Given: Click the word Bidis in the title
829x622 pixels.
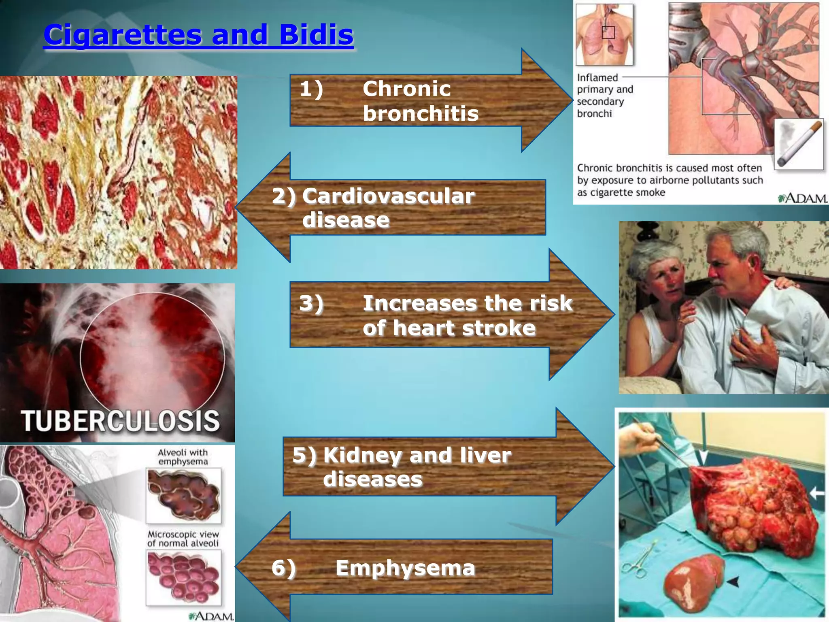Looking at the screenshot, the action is pyautogui.click(x=316, y=34).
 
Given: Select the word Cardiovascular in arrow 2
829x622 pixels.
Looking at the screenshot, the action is pyautogui.click(x=388, y=196).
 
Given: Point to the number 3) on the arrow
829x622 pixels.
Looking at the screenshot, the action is pyautogui.click(x=311, y=303).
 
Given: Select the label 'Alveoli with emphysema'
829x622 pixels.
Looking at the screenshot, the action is pyautogui.click(x=183, y=457).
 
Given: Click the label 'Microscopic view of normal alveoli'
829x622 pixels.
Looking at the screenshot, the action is pyautogui.click(x=183, y=539).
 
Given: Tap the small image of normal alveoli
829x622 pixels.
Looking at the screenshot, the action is pyautogui.click(x=183, y=577).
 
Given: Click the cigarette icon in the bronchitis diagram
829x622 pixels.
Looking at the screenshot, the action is pyautogui.click(x=799, y=144).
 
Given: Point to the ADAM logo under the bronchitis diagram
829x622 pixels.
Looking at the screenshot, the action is pyautogui.click(x=802, y=198).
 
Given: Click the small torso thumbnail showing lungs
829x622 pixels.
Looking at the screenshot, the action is pyautogui.click(x=604, y=34).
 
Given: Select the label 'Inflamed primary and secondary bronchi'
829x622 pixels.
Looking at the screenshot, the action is pyautogui.click(x=605, y=96).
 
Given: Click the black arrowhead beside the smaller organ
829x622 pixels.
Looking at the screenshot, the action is pyautogui.click(x=733, y=582).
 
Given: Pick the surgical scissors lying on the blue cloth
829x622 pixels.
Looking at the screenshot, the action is pyautogui.click(x=638, y=557).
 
